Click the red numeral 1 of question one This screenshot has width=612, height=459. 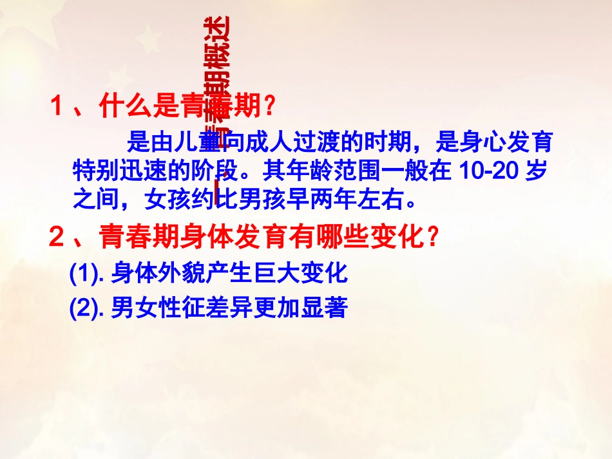click(59, 107)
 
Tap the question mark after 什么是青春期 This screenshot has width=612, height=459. click(269, 107)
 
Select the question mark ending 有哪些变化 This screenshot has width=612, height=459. click(434, 239)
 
